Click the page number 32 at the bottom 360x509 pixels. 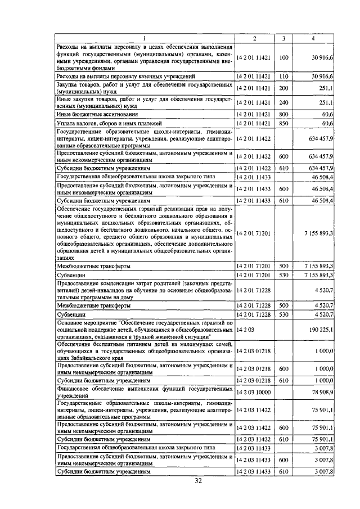pyautogui.click(x=198, y=480)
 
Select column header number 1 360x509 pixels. pyautogui.click(x=145, y=38)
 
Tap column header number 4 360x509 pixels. pyautogui.click(x=313, y=38)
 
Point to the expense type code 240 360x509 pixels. pyautogui.click(x=283, y=103)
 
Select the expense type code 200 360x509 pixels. pyautogui.click(x=283, y=88)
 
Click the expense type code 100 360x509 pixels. pyautogui.click(x=283, y=57)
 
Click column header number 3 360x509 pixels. pyautogui.click(x=283, y=38)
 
